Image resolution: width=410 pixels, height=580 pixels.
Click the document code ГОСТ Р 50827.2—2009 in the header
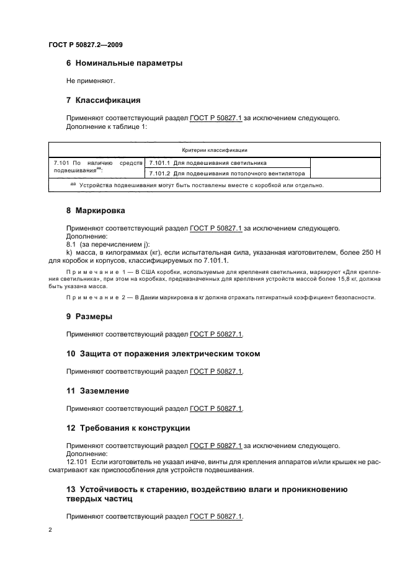[89, 45]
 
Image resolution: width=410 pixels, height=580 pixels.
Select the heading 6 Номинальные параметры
[124, 63]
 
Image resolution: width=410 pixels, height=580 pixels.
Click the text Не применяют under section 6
[91, 81]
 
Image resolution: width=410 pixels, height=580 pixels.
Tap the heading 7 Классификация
[104, 100]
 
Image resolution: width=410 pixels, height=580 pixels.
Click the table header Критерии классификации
[215, 150]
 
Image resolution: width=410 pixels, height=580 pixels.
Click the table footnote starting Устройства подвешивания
[198, 185]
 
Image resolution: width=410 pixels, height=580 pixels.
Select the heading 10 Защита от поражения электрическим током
[163, 353]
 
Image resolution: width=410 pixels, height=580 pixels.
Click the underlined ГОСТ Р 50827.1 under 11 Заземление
[216, 408]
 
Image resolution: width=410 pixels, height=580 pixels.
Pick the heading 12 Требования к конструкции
[128, 428]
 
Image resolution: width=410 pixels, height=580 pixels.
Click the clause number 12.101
[78, 462]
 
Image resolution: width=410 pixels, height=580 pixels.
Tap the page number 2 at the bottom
[50, 530]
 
